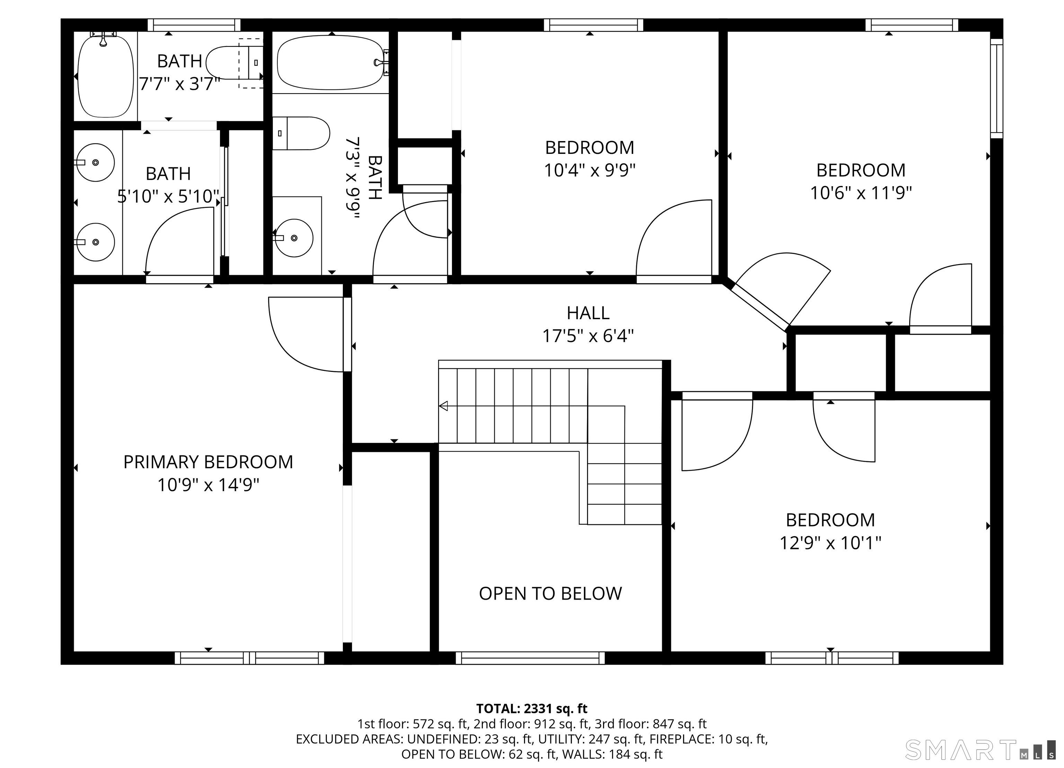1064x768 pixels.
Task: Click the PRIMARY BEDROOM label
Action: pyautogui.click(x=208, y=462)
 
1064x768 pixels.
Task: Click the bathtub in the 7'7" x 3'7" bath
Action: pyautogui.click(x=106, y=76)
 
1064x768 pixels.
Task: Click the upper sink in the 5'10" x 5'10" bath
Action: pyautogui.click(x=95, y=163)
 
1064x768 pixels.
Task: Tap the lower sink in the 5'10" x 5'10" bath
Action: pyautogui.click(x=95, y=242)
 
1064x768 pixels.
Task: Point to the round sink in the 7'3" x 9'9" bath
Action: pyautogui.click(x=294, y=238)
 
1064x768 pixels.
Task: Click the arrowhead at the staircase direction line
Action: pyautogui.click(x=443, y=405)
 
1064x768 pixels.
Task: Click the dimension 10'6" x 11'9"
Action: pyautogui.click(x=861, y=193)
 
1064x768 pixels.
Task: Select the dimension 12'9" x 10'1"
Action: pyautogui.click(x=830, y=543)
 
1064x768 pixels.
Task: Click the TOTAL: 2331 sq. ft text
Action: pyautogui.click(x=532, y=708)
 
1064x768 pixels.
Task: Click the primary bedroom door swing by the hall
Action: pyautogui.click(x=305, y=334)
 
